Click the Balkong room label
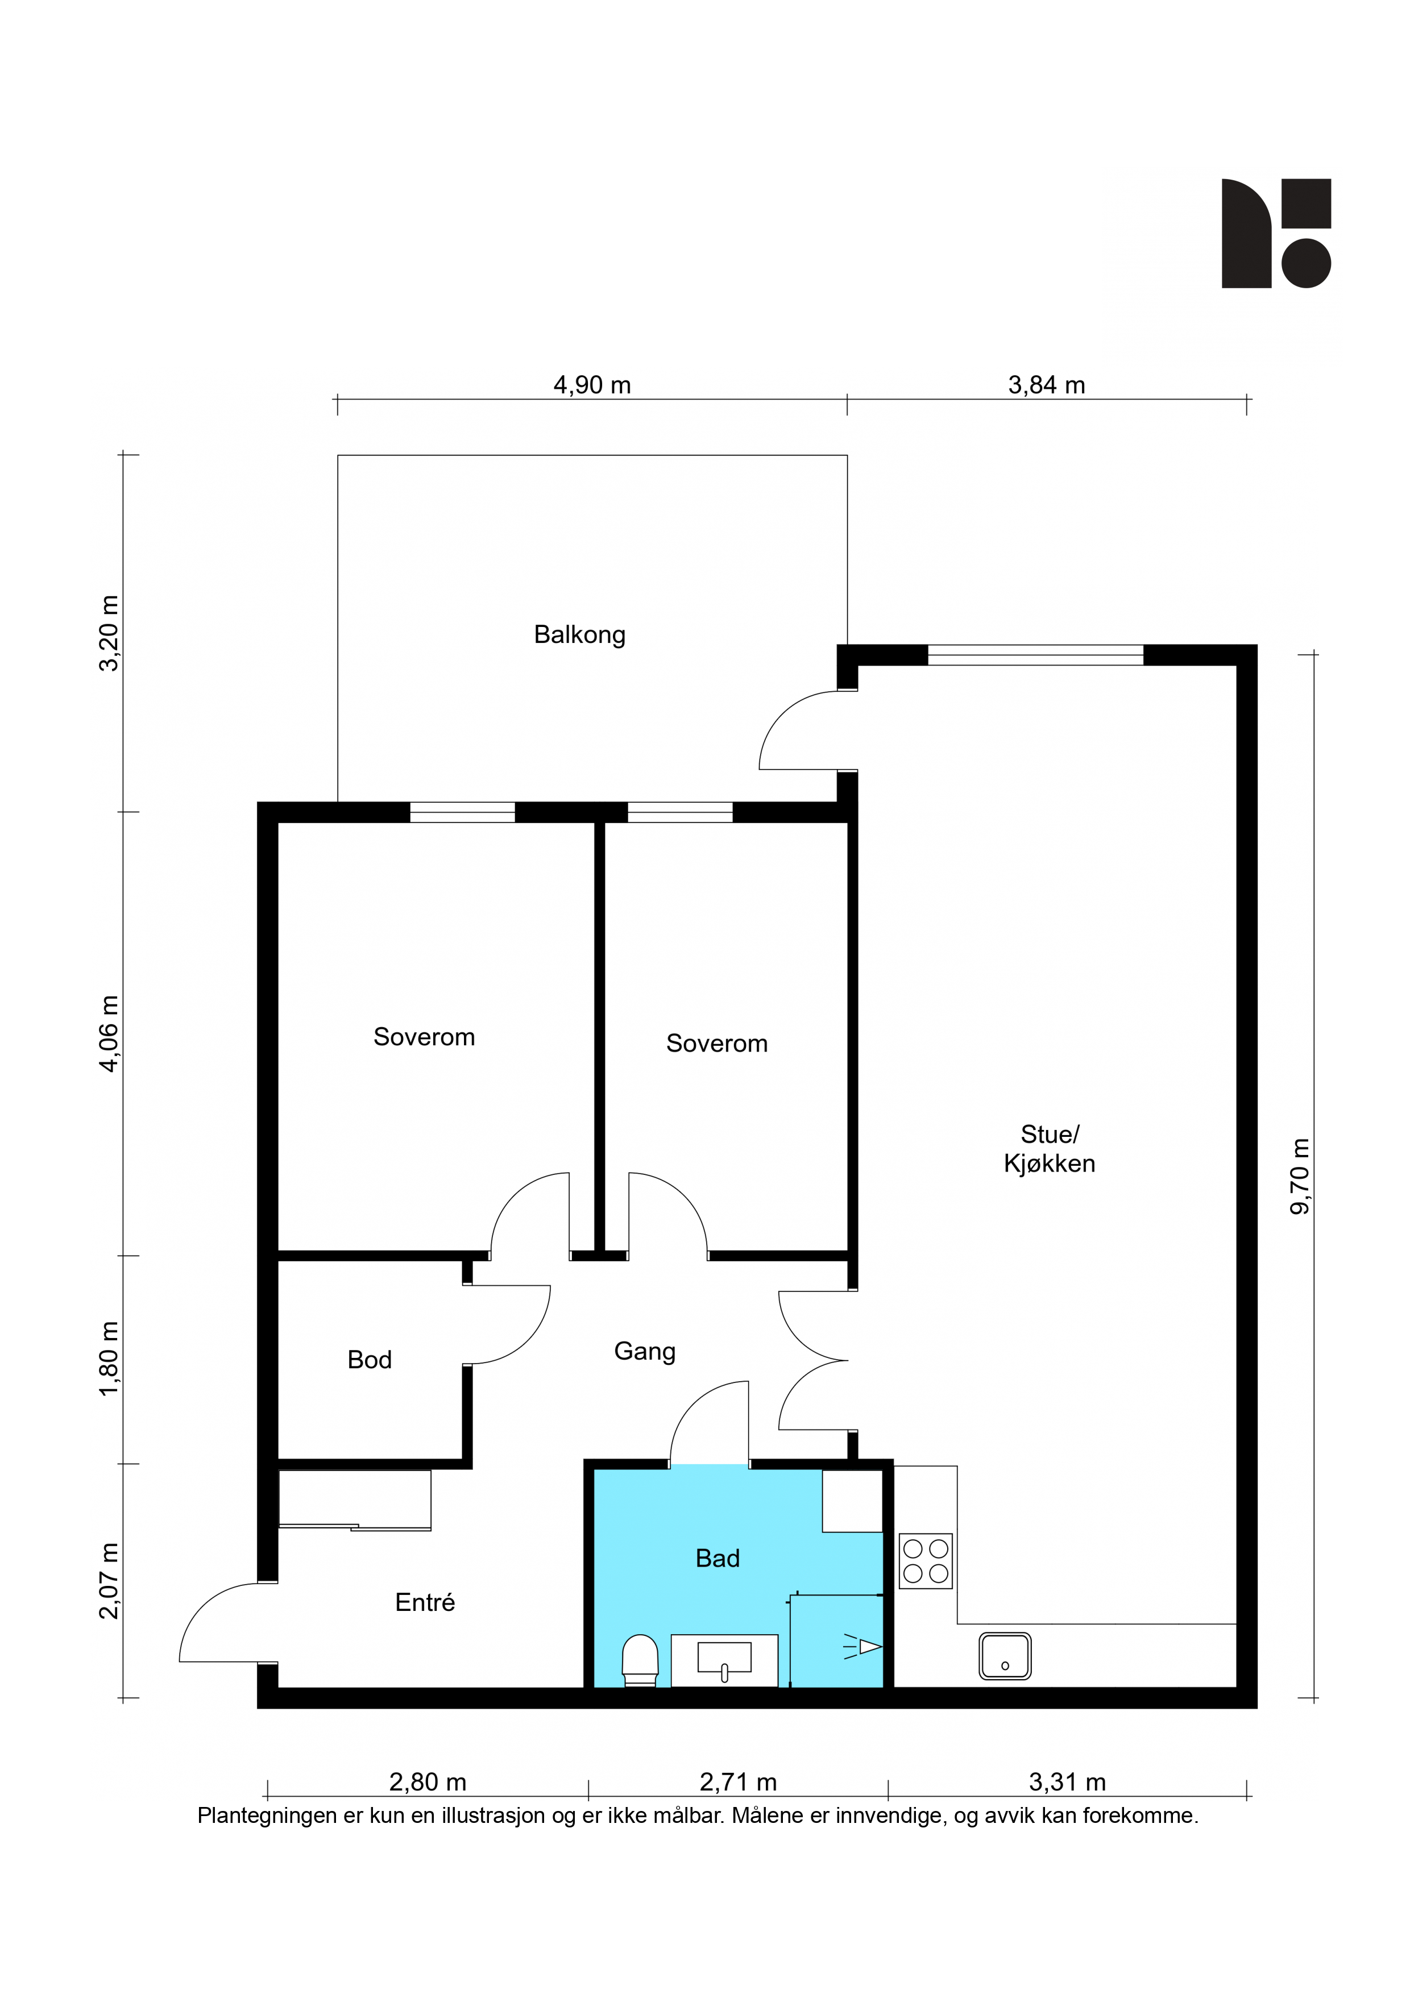click(579, 635)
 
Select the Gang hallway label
click(645, 1351)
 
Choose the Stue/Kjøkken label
click(1050, 1148)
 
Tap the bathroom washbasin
click(724, 1660)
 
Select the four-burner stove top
click(925, 1561)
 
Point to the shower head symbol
click(862, 1647)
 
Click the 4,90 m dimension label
click(592, 385)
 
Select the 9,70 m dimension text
click(1300, 1176)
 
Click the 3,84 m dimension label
click(1047, 385)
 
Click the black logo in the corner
click(1276, 232)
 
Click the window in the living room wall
click(1035, 655)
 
